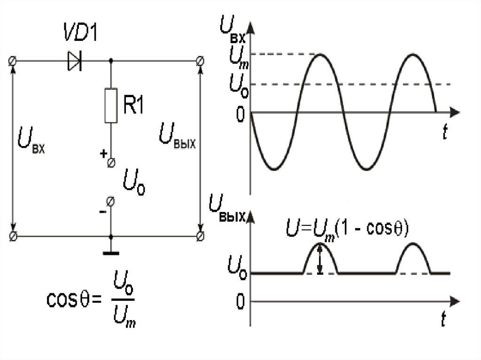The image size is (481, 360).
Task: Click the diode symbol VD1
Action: click(x=75, y=61)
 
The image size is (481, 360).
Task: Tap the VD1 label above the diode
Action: click(x=81, y=31)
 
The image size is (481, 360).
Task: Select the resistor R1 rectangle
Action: click(x=111, y=106)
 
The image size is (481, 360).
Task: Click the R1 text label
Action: click(x=133, y=104)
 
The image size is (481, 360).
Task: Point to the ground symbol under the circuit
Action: click(x=111, y=253)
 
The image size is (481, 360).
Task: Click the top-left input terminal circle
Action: click(x=13, y=61)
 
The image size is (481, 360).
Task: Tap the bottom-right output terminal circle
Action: click(x=200, y=236)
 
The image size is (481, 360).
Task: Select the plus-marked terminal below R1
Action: click(x=111, y=162)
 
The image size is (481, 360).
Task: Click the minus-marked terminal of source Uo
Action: click(x=110, y=201)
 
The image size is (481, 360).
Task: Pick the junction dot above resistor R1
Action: click(x=111, y=61)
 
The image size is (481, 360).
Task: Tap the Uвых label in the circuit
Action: click(x=177, y=136)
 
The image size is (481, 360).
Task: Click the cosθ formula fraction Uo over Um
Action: click(x=124, y=299)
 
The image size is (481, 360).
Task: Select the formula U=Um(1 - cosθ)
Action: click(x=347, y=229)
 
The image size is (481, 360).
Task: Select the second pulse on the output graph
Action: click(x=413, y=258)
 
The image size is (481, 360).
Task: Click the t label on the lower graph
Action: click(x=443, y=319)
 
